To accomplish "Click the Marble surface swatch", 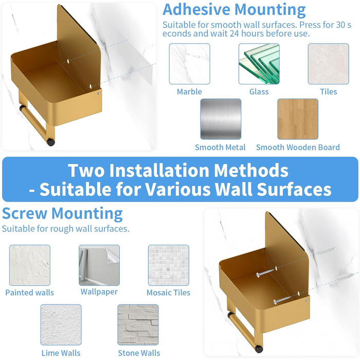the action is click(189, 64).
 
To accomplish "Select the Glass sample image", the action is click(259, 64).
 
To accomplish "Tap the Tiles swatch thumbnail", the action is click(328, 64).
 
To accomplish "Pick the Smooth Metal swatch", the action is click(221, 119).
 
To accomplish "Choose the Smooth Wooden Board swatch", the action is click(298, 119).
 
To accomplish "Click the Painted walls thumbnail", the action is click(30, 265).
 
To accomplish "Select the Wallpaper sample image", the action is click(99, 265).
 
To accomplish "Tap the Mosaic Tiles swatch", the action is click(169, 265).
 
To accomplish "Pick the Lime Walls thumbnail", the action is click(61, 325).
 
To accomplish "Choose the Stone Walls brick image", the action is click(138, 325).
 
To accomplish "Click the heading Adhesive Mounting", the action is click(234, 10).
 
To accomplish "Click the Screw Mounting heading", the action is click(62, 213).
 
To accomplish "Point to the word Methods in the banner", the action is click(251, 170).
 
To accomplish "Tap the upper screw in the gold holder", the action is click(266, 272).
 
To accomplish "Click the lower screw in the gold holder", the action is click(282, 300).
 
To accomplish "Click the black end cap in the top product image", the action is click(51, 142).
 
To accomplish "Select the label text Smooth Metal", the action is click(220, 148).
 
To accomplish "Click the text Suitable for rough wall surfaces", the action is click(66, 229).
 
